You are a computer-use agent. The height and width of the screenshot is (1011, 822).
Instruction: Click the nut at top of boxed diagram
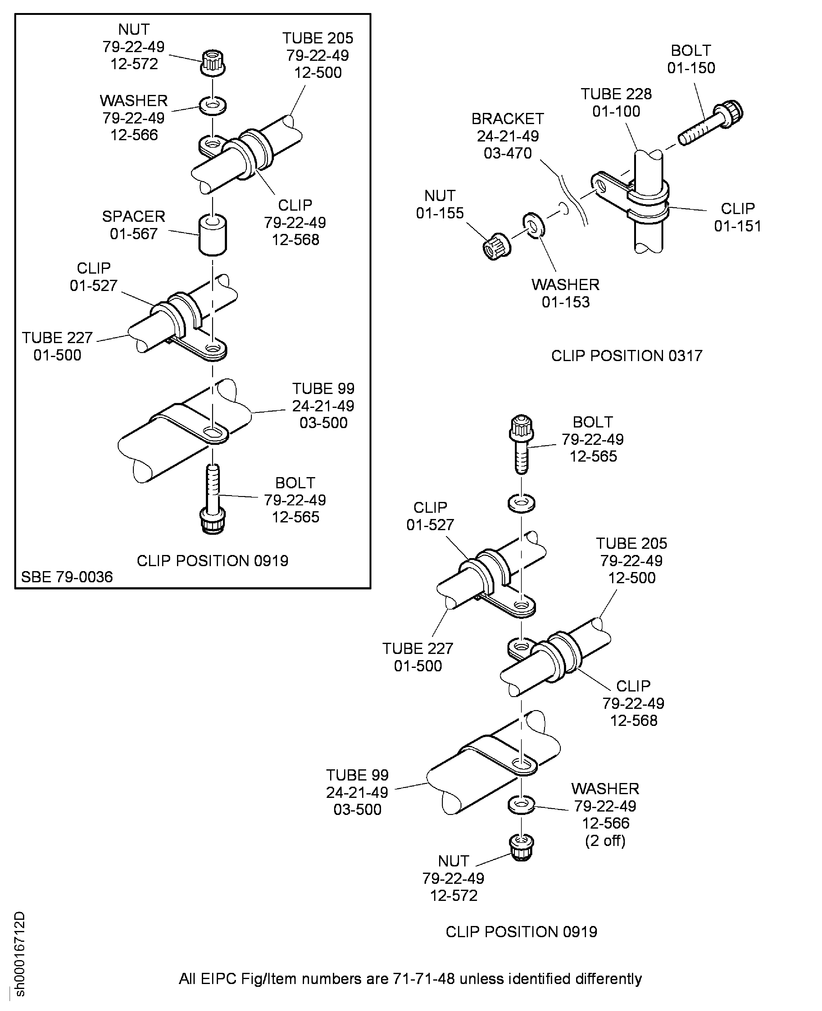point(213,62)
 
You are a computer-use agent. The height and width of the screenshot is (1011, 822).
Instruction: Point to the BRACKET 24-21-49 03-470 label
point(508,136)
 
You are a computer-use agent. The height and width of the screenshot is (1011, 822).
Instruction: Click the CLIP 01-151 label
point(737,217)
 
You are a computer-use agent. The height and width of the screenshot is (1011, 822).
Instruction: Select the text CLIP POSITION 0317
point(626,356)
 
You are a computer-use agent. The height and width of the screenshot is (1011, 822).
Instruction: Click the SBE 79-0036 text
point(67,577)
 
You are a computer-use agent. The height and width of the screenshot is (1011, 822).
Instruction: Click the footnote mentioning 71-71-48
point(410,978)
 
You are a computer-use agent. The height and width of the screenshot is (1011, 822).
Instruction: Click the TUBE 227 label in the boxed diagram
point(57,346)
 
